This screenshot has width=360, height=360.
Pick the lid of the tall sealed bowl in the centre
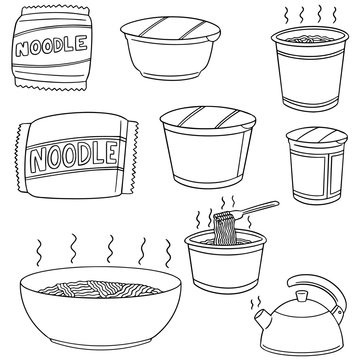(x=204, y=120)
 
